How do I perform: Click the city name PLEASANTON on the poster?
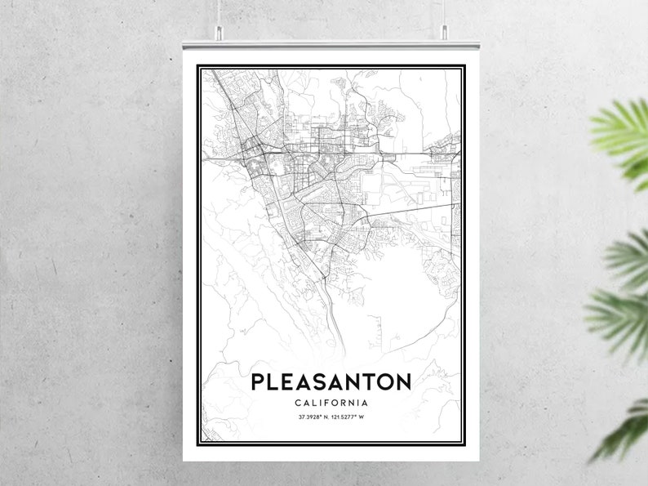tap(331, 381)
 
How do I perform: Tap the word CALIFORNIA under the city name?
tap(331, 403)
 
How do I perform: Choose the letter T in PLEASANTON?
tap(375, 381)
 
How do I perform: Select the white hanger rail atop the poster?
tap(331, 42)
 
